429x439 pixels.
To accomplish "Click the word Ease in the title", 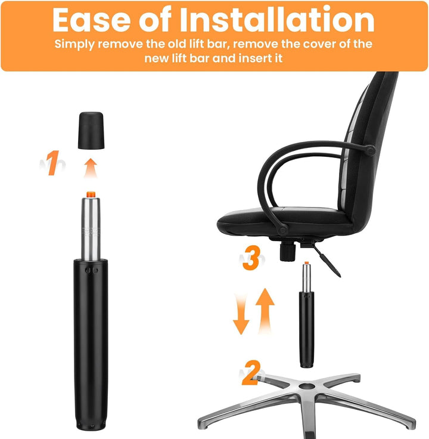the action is (x=91, y=20).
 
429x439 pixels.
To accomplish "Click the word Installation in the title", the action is (x=277, y=20).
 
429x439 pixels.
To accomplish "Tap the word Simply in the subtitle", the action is (x=74, y=45).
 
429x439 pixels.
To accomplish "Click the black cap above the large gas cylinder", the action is (x=91, y=131).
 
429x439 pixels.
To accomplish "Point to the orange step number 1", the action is (x=52, y=163).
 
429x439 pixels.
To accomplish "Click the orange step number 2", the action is (x=251, y=373).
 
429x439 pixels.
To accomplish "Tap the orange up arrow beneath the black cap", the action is (x=91, y=168).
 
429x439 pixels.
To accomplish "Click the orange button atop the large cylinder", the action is (x=91, y=194).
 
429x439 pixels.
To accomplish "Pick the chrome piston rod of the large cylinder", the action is (x=91, y=228).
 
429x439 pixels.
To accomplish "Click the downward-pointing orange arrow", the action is (x=241, y=316).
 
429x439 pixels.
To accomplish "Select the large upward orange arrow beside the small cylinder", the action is (x=265, y=311).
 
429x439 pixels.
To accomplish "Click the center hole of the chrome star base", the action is (x=307, y=386).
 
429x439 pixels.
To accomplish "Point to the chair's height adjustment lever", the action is (x=327, y=260).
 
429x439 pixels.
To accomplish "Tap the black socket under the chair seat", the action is (x=288, y=252).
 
